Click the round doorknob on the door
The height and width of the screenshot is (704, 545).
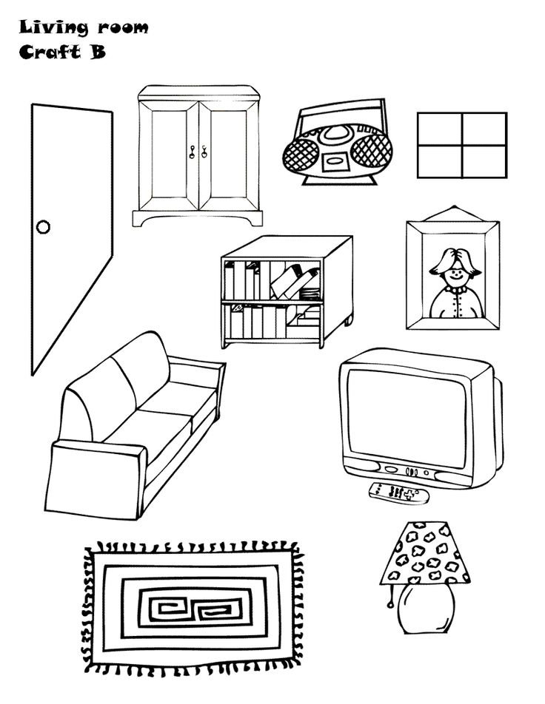pyautogui.click(x=43, y=226)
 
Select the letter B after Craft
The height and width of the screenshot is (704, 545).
pyautogui.click(x=98, y=53)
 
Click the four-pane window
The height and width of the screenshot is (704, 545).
pyautogui.click(x=461, y=145)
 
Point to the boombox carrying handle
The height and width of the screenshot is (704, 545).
pyautogui.click(x=338, y=111)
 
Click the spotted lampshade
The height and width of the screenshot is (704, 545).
pyautogui.click(x=424, y=552)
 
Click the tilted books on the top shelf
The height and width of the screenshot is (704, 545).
pyautogui.click(x=295, y=281)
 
